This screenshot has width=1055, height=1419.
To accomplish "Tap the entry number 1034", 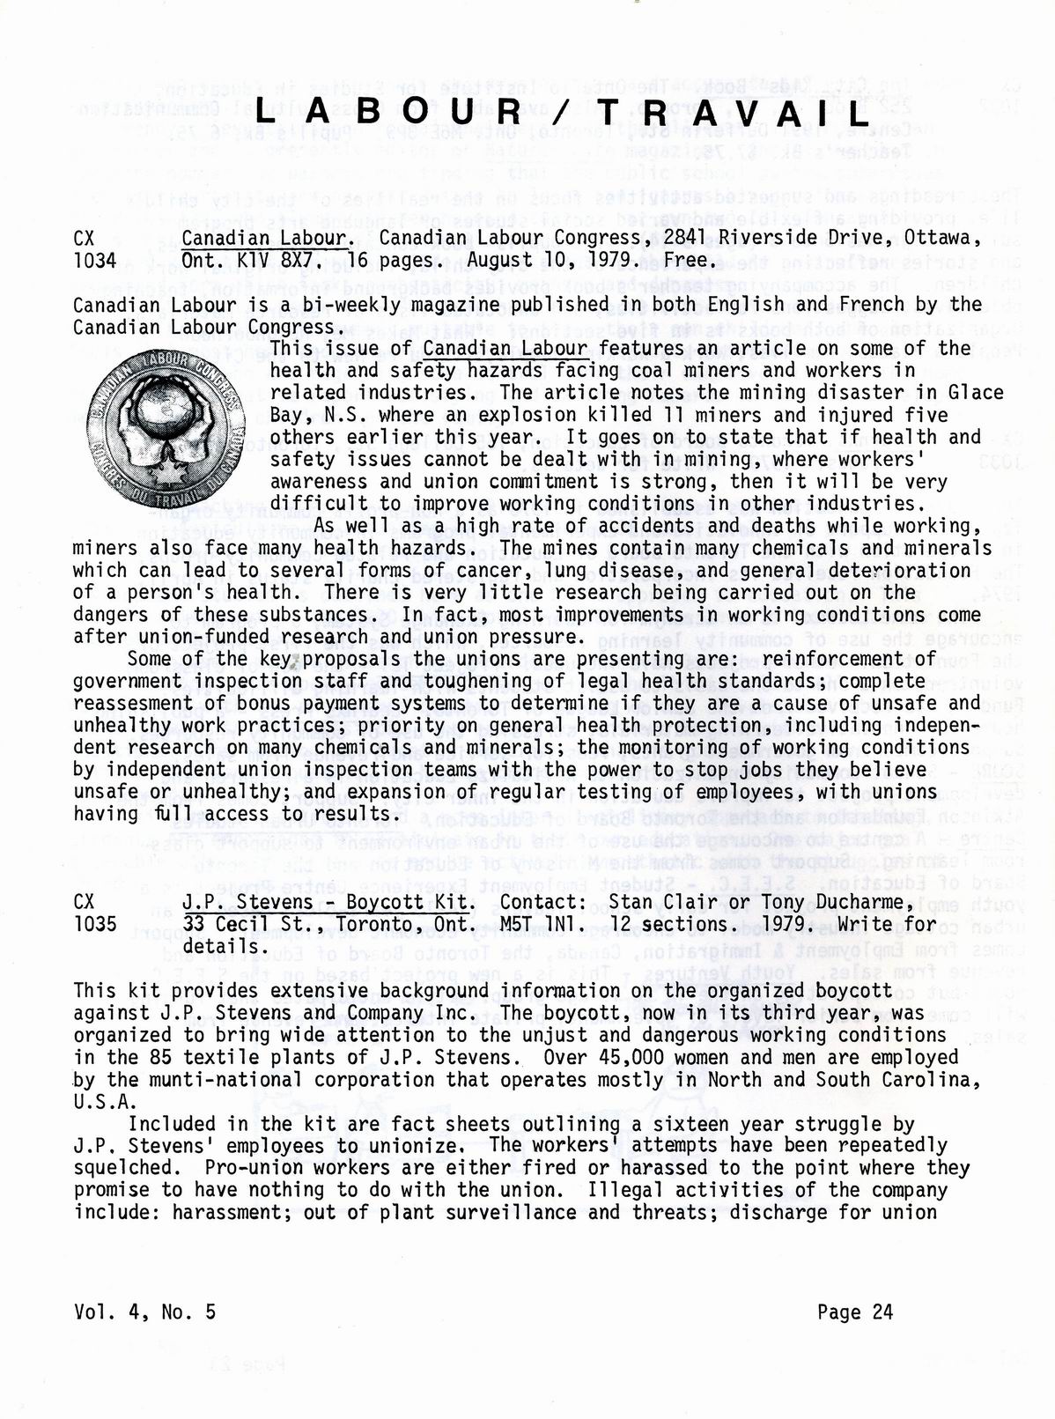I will (x=96, y=261).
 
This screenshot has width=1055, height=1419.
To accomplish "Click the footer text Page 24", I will (x=854, y=1312).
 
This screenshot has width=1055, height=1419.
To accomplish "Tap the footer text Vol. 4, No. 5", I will (x=145, y=1312).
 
